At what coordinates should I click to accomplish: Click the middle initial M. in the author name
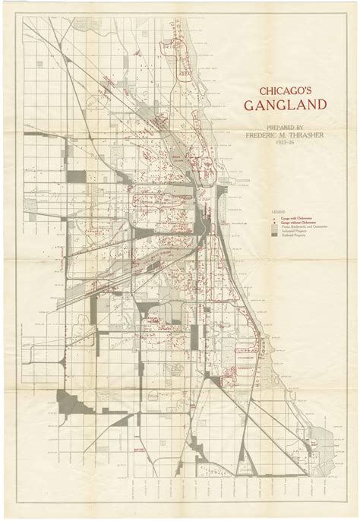pos(275,134)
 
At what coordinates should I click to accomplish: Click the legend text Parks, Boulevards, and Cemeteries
pos(304,226)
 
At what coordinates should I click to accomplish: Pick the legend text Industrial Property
pos(295,230)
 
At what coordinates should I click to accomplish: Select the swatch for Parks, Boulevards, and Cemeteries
pos(275,226)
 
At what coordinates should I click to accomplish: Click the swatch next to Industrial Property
pos(275,230)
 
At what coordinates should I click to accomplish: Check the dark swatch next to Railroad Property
pos(275,235)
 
